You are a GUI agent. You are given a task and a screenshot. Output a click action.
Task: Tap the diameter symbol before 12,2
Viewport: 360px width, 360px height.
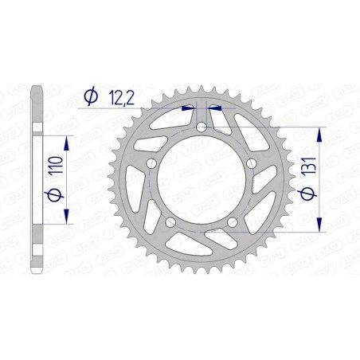click(90, 96)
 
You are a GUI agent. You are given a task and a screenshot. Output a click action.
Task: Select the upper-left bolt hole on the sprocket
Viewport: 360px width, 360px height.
click(151, 162)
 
